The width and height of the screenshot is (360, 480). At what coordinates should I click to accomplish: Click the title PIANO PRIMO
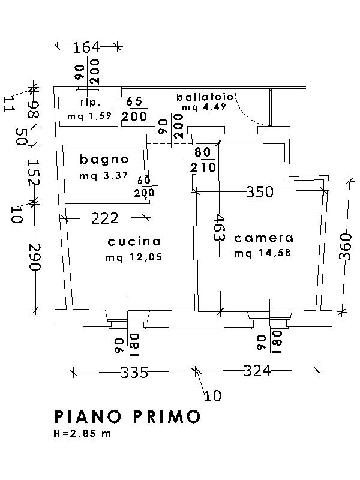point(127,416)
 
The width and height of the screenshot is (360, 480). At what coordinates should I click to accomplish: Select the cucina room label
point(134,242)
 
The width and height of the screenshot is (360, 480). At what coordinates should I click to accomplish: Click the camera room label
point(264,238)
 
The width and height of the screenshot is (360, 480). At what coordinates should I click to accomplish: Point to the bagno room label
point(104,160)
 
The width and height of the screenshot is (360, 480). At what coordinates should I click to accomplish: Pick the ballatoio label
point(201,97)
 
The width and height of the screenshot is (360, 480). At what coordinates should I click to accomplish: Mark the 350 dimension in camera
point(260,192)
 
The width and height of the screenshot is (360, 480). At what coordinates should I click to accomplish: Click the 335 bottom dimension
point(134,373)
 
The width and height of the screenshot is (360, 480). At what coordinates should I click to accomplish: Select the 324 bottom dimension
point(257,371)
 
